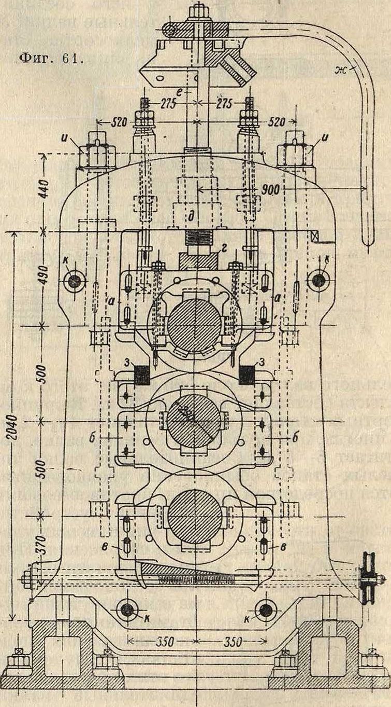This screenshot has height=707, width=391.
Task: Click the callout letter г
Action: [224, 251]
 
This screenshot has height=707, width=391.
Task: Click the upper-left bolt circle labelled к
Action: [74, 281]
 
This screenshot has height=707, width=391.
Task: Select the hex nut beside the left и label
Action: [95, 154]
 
